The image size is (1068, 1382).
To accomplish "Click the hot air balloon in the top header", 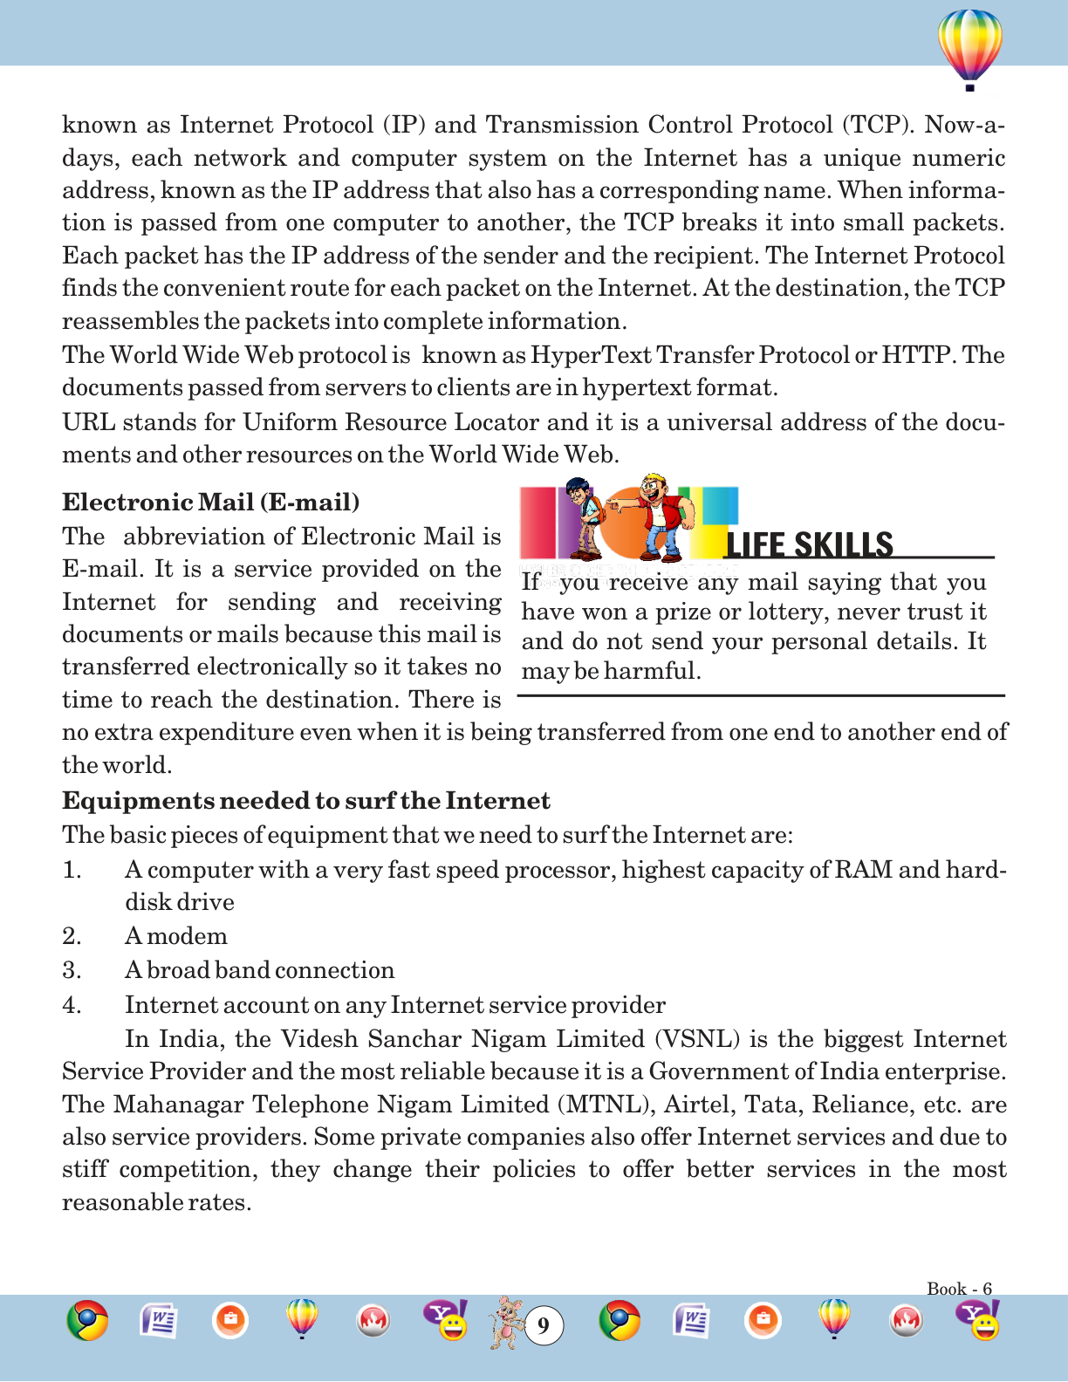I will pos(969,48).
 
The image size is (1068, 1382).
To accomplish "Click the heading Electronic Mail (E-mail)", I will pos(210,503).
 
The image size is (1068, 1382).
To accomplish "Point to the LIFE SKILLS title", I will pos(809,544).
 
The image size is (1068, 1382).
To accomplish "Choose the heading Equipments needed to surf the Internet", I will pos(305,801).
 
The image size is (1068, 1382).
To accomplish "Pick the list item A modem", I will pos(175,936).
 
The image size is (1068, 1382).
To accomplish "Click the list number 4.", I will pos(72,1005).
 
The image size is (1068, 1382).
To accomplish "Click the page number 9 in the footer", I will pos(544,1326).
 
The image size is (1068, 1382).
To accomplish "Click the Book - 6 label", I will pos(959,1289).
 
